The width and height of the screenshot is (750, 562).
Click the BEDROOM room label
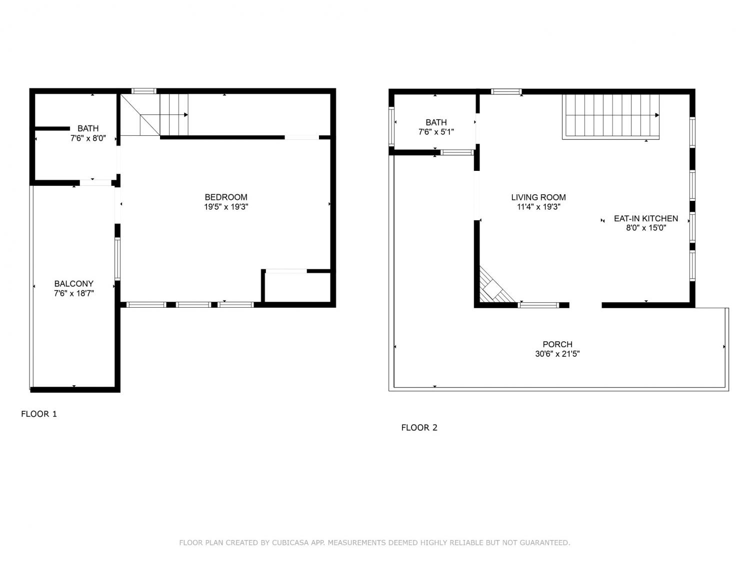tap(226, 197)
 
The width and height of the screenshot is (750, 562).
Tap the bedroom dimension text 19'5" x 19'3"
tap(226, 207)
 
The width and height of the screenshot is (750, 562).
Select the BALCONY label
tap(74, 284)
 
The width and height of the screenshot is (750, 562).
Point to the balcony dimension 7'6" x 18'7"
tap(74, 293)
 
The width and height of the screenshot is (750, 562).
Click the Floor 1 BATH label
tap(88, 128)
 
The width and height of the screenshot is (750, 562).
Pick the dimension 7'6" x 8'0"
tap(88, 138)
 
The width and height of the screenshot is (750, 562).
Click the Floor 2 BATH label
tap(436, 122)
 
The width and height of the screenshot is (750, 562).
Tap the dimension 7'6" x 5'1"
tap(436, 132)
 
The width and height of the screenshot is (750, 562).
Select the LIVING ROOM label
tap(538, 197)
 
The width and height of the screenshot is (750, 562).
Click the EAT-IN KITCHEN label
tap(646, 218)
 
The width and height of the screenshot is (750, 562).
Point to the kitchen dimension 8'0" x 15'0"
tap(646, 228)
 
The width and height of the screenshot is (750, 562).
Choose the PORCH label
tap(557, 344)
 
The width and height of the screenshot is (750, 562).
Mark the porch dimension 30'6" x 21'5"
tap(557, 354)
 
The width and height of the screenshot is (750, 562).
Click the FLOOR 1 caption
tap(39, 414)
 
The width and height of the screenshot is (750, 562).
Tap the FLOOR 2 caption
tap(419, 428)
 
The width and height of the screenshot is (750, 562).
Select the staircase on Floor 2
tap(610, 117)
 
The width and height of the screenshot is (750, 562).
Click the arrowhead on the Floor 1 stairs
tap(186, 115)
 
